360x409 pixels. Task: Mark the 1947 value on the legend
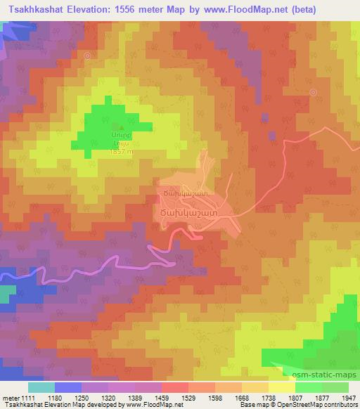pyautogui.click(x=349, y=397)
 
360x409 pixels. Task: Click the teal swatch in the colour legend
pyautogui.click(x=41, y=387)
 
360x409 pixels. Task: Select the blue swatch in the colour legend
pyautogui.click(x=68, y=387)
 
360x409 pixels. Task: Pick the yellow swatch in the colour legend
pyautogui.click(x=281, y=387)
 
